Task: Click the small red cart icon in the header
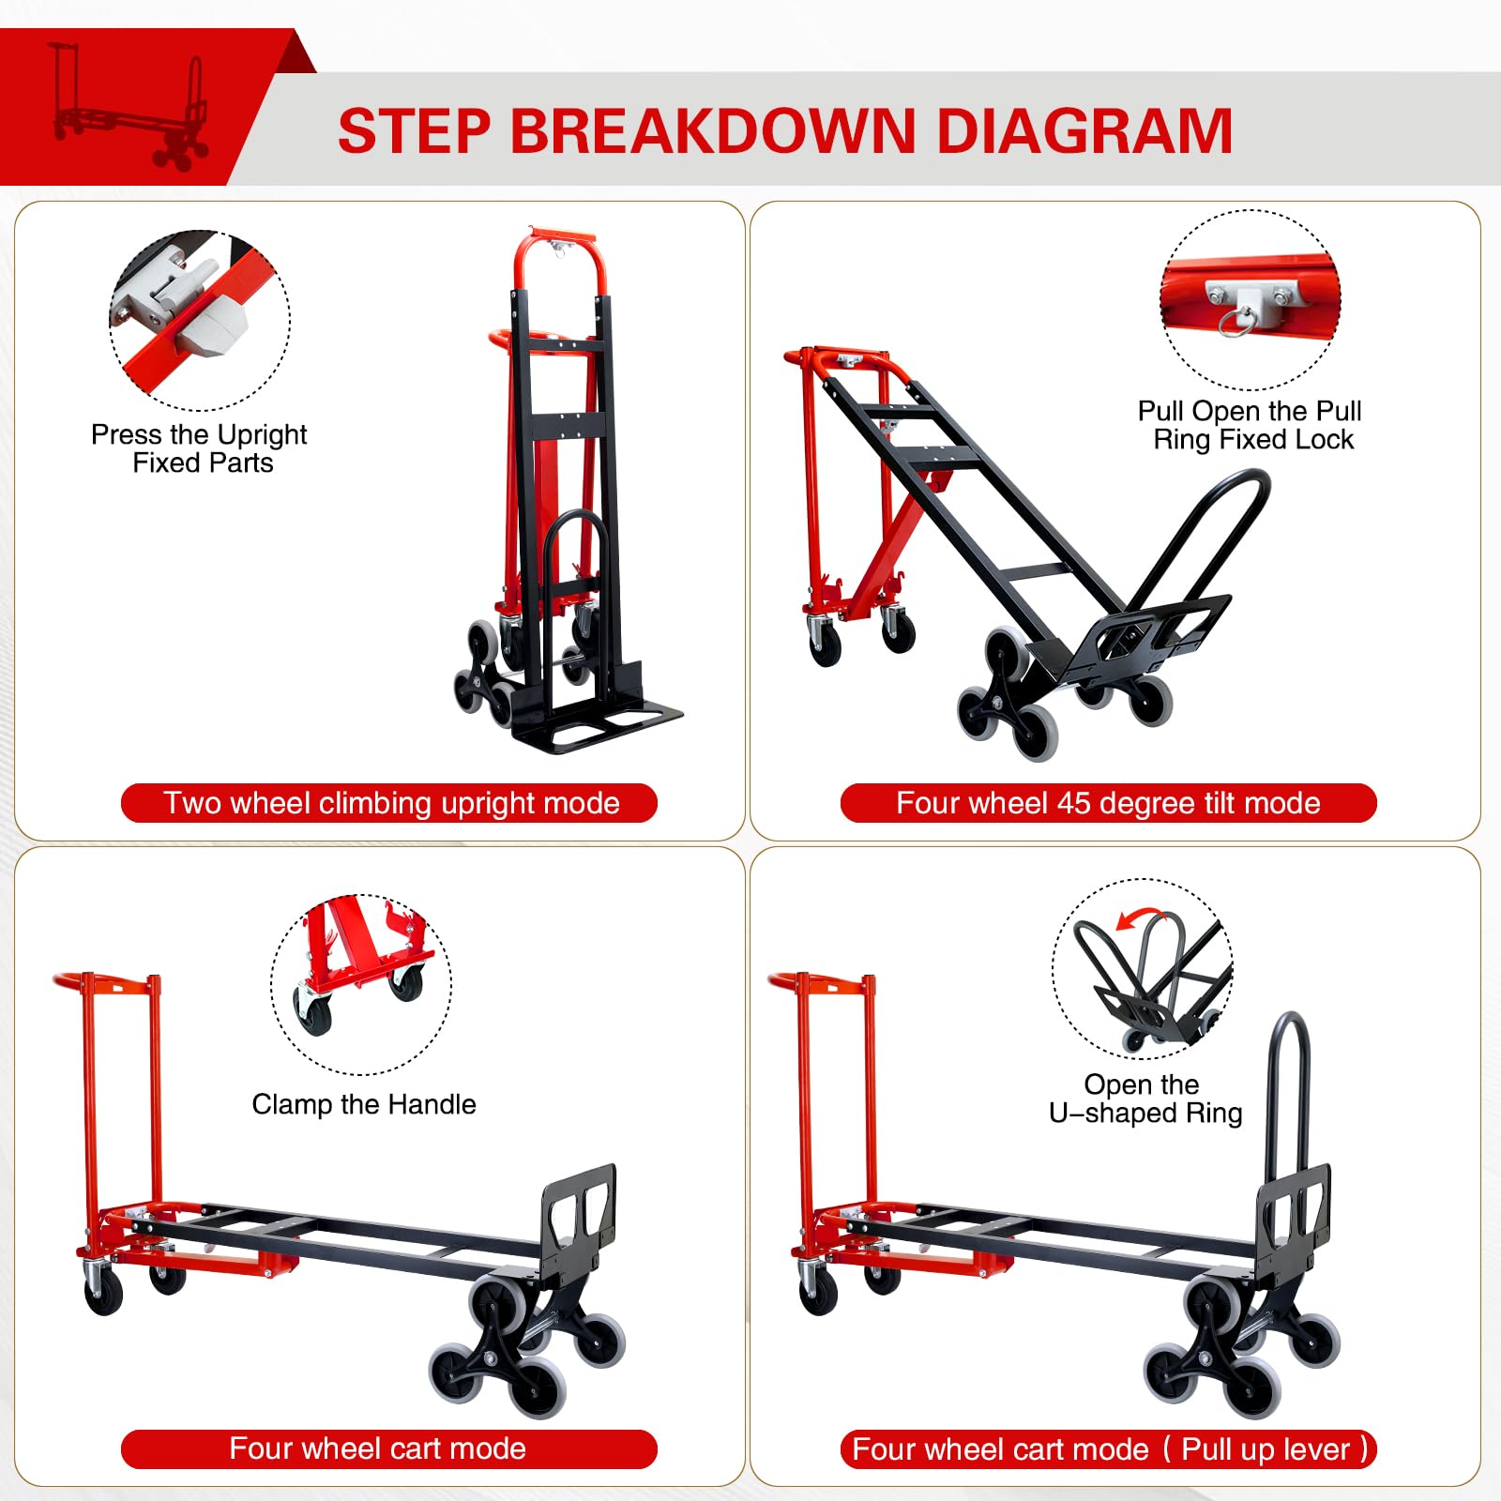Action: click(x=129, y=106)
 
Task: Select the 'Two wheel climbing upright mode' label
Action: click(x=389, y=803)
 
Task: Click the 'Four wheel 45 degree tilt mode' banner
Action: click(x=1108, y=803)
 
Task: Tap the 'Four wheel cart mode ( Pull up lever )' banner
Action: click(x=1108, y=1448)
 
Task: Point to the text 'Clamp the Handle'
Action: click(x=363, y=1104)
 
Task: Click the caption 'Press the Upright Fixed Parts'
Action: click(x=200, y=448)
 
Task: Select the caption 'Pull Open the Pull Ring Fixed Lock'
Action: click(x=1251, y=425)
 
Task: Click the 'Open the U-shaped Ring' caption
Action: click(x=1145, y=1099)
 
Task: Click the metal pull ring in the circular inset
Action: click(x=1235, y=322)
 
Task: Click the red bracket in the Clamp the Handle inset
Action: click(x=361, y=948)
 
